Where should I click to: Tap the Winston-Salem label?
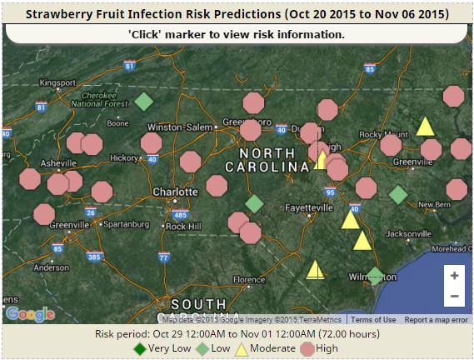coord(174,127)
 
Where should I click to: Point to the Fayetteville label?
coord(308,207)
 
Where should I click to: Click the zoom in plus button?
coord(454,276)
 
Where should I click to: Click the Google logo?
coord(29,314)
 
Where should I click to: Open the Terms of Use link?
coord(372,320)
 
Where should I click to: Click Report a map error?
coord(436,320)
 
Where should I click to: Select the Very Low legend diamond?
coord(140,349)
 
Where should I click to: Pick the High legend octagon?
coord(307,349)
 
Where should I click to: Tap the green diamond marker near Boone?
coord(143,102)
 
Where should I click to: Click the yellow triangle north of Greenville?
coord(425,127)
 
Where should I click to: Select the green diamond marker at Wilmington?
coord(375,276)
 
